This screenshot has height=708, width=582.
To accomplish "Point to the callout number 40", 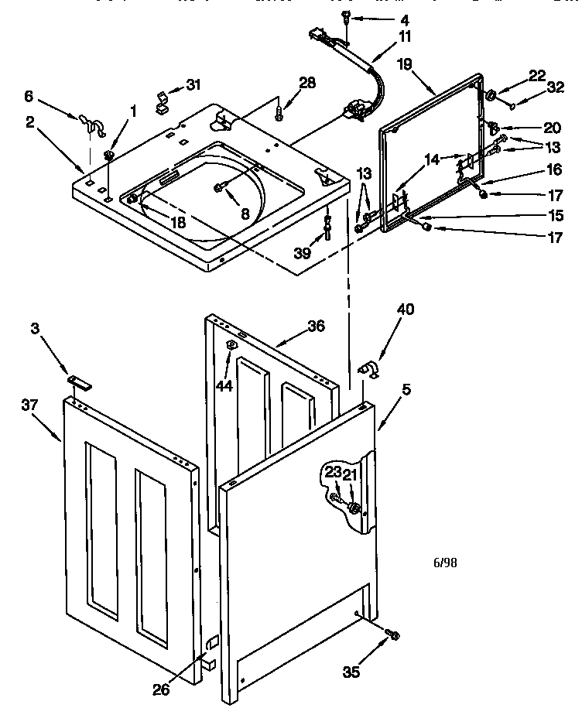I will pos(405,310).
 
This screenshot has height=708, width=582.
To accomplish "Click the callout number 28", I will pos(307,83).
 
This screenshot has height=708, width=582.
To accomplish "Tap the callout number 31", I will pos(193,84).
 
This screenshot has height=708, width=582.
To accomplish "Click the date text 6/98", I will pos(444,563).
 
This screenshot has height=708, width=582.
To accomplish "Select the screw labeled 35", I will pos(392,635).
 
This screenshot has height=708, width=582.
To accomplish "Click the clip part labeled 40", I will pos(367,370).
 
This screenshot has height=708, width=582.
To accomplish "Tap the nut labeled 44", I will pos(230,344).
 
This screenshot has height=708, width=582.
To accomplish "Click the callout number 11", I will pos(405,36).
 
